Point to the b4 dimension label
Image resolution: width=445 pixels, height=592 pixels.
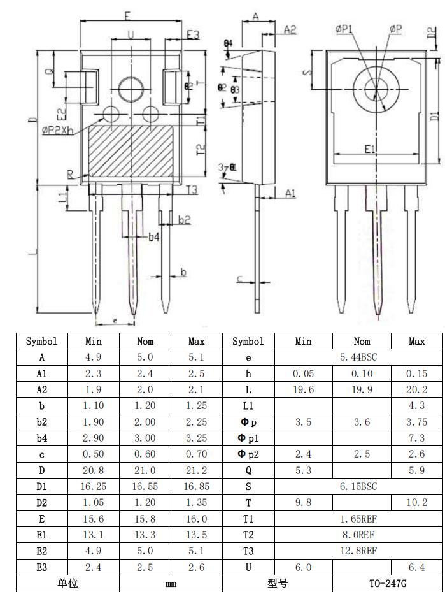point(154,236)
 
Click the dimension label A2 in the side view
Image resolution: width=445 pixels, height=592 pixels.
point(290,29)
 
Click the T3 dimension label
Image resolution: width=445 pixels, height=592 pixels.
point(192,189)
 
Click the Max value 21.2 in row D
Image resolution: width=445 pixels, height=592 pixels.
point(197,470)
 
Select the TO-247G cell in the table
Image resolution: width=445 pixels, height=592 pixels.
point(388,583)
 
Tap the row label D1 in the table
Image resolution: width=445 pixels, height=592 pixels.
point(41,486)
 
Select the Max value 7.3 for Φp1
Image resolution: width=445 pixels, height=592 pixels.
point(417,438)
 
